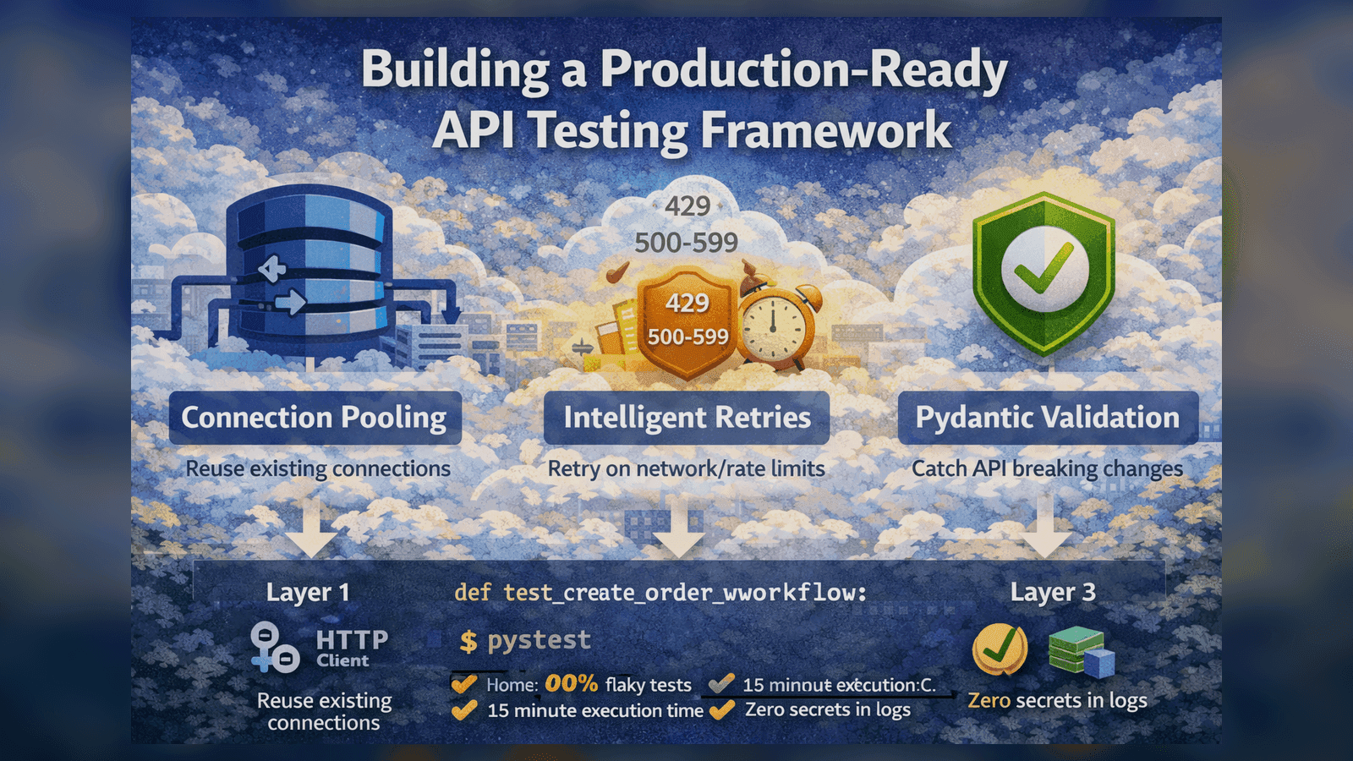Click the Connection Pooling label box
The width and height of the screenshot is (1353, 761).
(315, 418)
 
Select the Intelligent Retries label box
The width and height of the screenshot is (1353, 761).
(687, 418)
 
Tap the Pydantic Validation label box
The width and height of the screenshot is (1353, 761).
(1048, 418)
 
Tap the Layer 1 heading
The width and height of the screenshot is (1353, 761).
(308, 593)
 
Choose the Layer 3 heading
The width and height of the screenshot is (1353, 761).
(1053, 593)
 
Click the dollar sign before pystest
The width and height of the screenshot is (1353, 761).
(468, 642)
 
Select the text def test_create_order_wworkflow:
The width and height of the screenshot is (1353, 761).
(660, 593)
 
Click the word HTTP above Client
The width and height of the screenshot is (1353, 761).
(352, 639)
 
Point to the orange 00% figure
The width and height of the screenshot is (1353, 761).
(572, 683)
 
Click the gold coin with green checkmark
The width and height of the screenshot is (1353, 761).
(1000, 649)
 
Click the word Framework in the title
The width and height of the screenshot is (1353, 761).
(825, 131)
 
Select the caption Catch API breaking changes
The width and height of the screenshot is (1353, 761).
(1047, 468)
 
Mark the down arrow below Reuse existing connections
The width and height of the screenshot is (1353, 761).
(311, 528)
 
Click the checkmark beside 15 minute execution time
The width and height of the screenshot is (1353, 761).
(464, 710)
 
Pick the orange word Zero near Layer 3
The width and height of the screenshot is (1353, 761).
(989, 701)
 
